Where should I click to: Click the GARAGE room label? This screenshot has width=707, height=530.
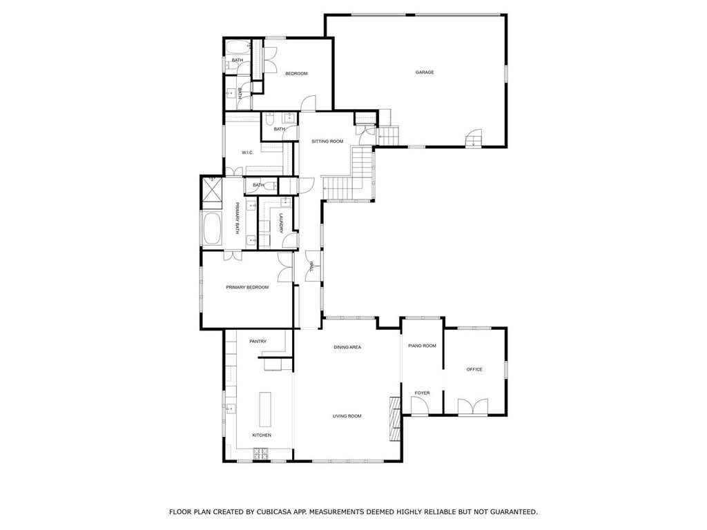point(425,72)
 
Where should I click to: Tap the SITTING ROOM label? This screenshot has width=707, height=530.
point(327,141)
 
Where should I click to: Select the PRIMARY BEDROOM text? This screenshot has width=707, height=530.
point(247,288)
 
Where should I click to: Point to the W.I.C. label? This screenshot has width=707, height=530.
point(248,153)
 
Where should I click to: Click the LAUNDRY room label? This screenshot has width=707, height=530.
point(281,223)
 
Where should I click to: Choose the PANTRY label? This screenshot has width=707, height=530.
point(258,342)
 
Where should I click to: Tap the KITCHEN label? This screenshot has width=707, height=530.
point(262,435)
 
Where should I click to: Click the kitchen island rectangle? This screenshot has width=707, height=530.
point(265,409)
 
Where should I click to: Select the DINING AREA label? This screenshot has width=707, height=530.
point(347,348)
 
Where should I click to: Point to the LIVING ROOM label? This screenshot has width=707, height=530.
point(347,416)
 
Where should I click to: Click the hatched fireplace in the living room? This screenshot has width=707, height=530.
point(395,419)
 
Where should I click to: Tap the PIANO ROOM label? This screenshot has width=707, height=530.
point(422,346)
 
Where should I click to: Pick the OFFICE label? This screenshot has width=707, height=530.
point(474,370)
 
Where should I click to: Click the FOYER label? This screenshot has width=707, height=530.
point(422,393)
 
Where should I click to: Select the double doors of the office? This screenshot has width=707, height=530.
point(472,407)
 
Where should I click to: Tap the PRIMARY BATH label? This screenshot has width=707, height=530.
point(238,218)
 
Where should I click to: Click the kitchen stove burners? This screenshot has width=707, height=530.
point(260,453)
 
